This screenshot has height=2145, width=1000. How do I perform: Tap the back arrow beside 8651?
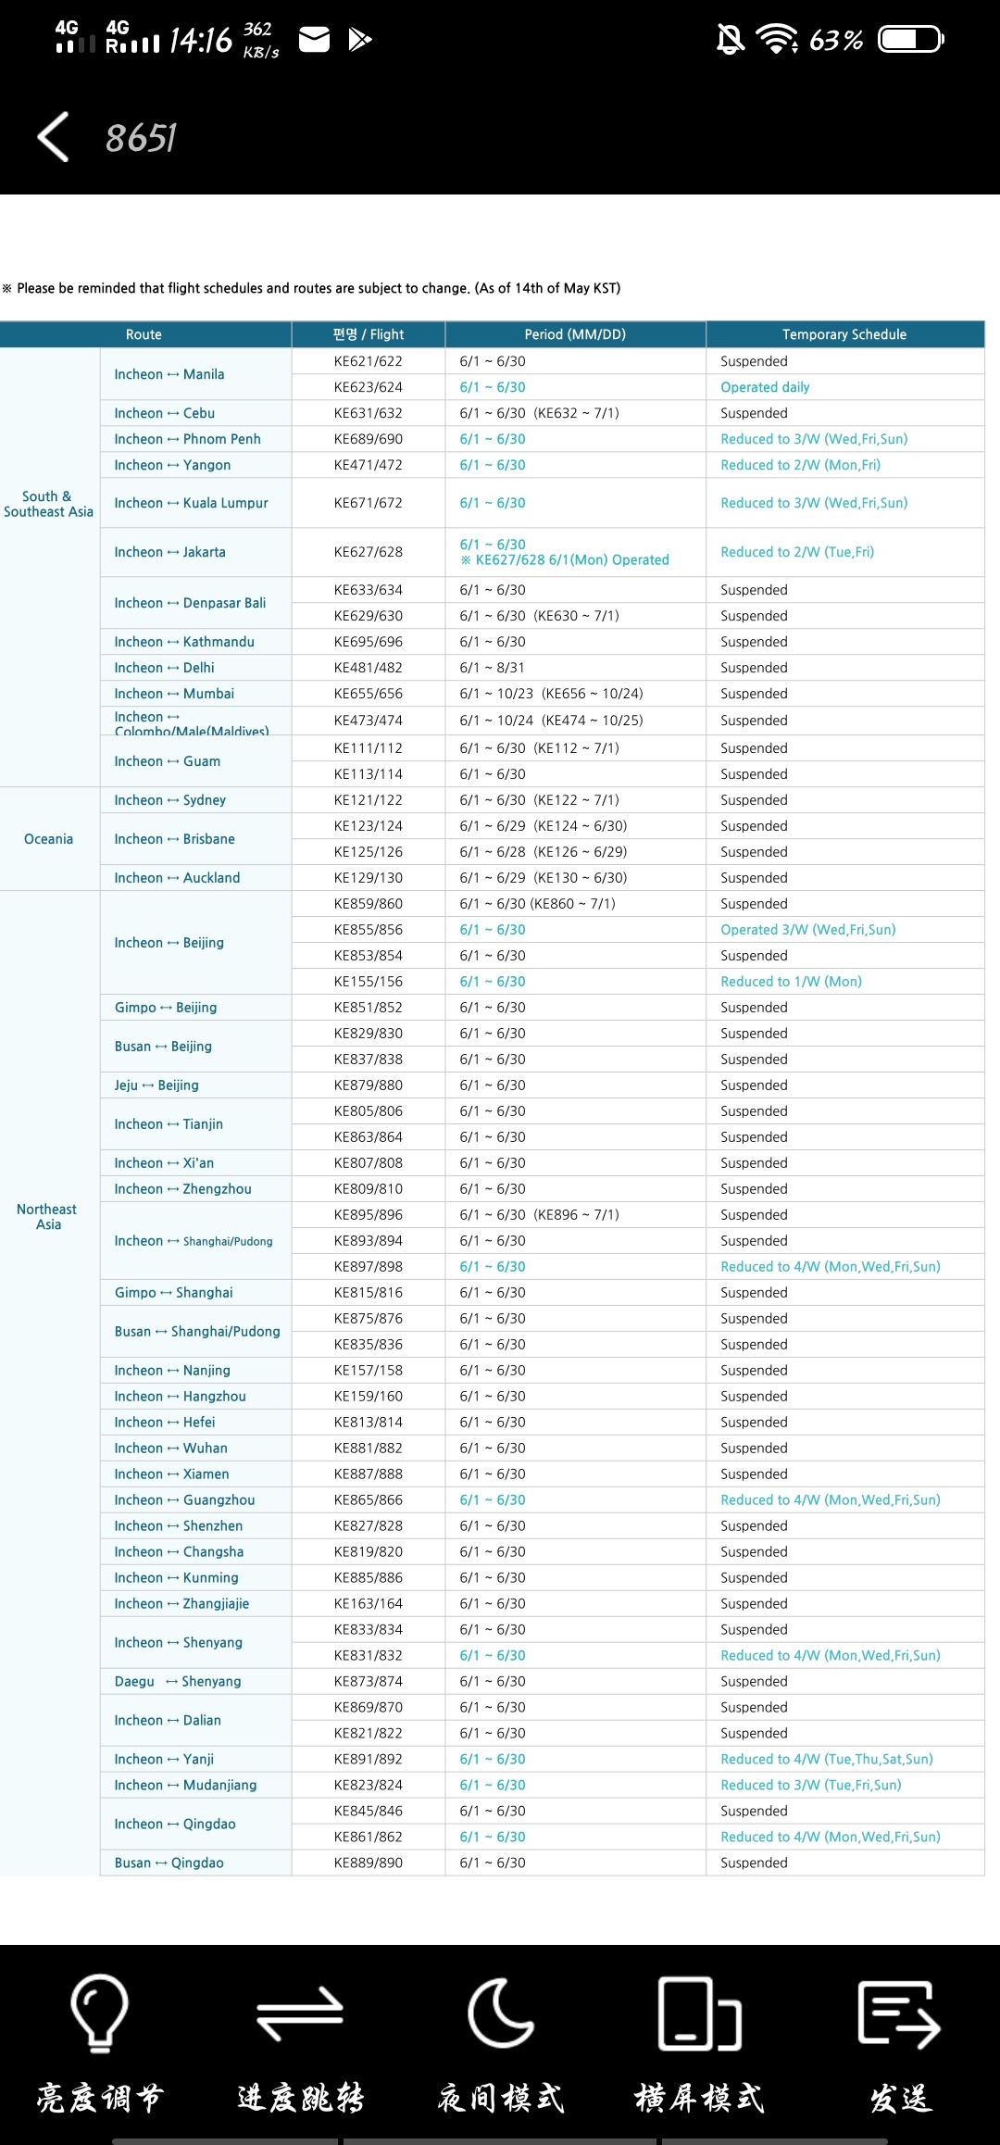click(54, 137)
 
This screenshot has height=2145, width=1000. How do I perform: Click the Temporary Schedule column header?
click(844, 334)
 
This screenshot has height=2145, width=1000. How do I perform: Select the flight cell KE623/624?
click(368, 387)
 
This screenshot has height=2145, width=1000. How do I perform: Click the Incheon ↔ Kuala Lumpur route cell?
click(191, 503)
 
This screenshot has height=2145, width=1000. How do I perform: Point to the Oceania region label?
click(48, 839)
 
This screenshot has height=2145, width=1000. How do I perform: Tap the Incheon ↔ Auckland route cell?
click(177, 878)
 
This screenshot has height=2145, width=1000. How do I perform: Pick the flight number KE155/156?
click(368, 982)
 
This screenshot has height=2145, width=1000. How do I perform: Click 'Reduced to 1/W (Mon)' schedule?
click(791, 982)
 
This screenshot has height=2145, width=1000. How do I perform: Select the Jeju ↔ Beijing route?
click(156, 1085)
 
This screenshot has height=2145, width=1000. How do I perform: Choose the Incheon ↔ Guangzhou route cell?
click(184, 1500)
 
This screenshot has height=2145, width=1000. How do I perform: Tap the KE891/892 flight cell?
click(368, 1759)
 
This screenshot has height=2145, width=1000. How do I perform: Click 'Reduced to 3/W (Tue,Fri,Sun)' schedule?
click(810, 1785)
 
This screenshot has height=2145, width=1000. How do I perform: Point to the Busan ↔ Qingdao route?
click(169, 1863)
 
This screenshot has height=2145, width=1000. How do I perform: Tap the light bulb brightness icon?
click(99, 2013)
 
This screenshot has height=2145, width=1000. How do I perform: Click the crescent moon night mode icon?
click(500, 2013)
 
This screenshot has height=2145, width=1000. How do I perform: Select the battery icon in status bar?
click(910, 40)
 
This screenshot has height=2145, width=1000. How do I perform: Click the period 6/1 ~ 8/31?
click(492, 668)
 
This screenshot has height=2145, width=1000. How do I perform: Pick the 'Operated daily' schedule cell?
click(765, 387)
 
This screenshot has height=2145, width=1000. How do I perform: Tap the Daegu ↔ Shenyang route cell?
click(178, 1681)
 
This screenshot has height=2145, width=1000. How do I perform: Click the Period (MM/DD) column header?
click(575, 334)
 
